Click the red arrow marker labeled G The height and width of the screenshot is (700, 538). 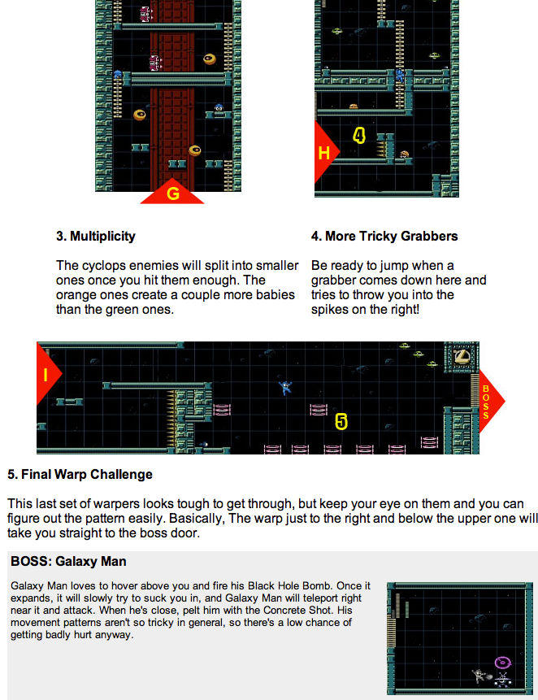tap(172, 193)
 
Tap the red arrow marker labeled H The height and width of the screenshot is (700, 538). tap(325, 152)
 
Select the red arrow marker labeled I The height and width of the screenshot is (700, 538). tap(46, 374)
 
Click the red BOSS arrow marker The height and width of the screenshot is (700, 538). tap(489, 401)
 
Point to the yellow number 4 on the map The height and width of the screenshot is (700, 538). tap(359, 135)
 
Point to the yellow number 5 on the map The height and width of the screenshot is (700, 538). tap(341, 421)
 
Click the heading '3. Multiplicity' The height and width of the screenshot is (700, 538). tap(96, 236)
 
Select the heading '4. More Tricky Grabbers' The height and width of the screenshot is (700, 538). tap(384, 236)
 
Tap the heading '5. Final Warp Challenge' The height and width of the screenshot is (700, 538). tap(80, 474)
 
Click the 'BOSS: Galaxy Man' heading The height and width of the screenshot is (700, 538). tap(69, 561)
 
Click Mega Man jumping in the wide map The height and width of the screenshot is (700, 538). tap(285, 388)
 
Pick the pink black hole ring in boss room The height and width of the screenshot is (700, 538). tap(503, 663)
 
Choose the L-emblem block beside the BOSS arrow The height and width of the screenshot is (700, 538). tap(462, 356)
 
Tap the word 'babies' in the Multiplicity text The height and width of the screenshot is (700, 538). tap(275, 294)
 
